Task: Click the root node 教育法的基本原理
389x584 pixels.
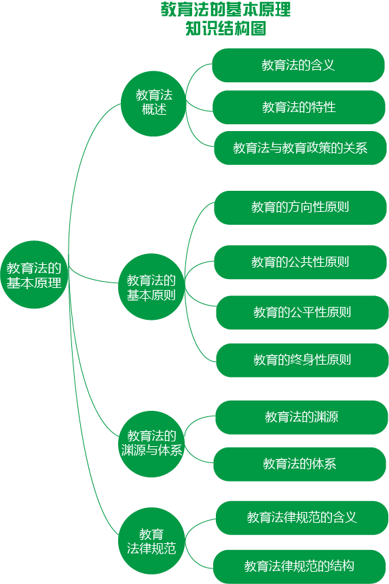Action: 34,274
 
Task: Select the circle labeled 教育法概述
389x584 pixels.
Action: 153,103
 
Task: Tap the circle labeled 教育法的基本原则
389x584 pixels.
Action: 151,287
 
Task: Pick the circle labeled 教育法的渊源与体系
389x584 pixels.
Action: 151,444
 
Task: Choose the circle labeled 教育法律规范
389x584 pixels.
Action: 151,541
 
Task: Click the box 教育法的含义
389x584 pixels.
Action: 298,65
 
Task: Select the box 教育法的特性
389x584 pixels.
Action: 299,107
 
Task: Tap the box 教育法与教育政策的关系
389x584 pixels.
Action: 300,148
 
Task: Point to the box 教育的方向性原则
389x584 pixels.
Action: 300,208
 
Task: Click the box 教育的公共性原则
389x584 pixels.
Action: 300,262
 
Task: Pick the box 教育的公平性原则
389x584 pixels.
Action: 302,312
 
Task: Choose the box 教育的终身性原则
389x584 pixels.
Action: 302,360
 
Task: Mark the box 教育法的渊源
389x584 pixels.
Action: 301,418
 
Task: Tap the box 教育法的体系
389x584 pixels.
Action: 299,464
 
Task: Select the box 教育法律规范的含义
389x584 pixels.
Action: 302,518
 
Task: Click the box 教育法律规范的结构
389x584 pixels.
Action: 299,566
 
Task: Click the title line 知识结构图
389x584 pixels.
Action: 225,29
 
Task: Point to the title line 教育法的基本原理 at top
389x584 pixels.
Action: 225,10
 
